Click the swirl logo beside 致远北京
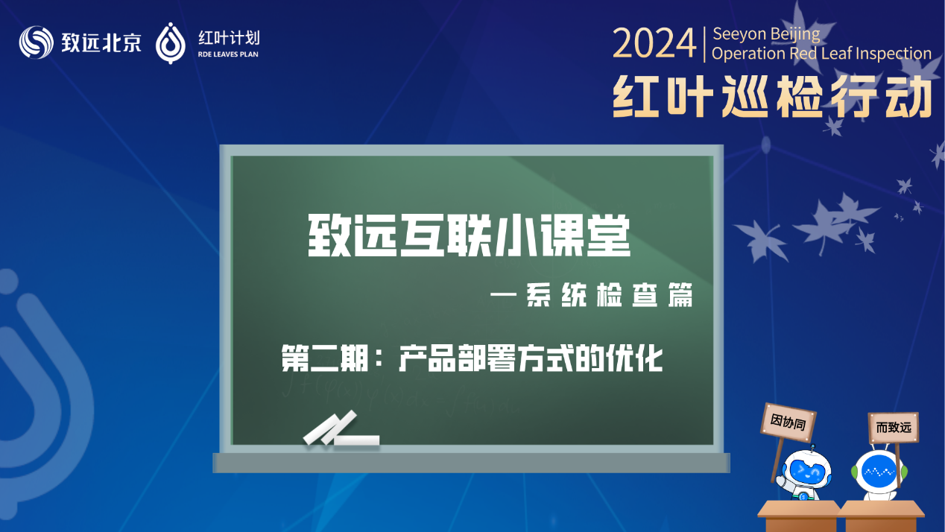click(37, 42)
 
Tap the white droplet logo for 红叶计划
click(171, 43)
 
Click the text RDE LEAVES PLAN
click(228, 54)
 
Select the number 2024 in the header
click(654, 43)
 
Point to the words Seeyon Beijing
click(766, 34)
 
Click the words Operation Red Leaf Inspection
click(821, 54)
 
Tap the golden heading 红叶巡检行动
click(772, 97)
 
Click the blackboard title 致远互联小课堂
click(469, 235)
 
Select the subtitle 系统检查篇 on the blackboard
click(609, 295)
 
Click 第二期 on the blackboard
click(325, 358)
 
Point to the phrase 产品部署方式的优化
click(531, 358)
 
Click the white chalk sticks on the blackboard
click(341, 429)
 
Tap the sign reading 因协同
click(788, 422)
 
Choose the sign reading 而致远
click(894, 428)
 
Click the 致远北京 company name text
click(101, 42)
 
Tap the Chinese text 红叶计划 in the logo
click(229, 38)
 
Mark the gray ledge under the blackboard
click(471, 463)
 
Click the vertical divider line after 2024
click(704, 44)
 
